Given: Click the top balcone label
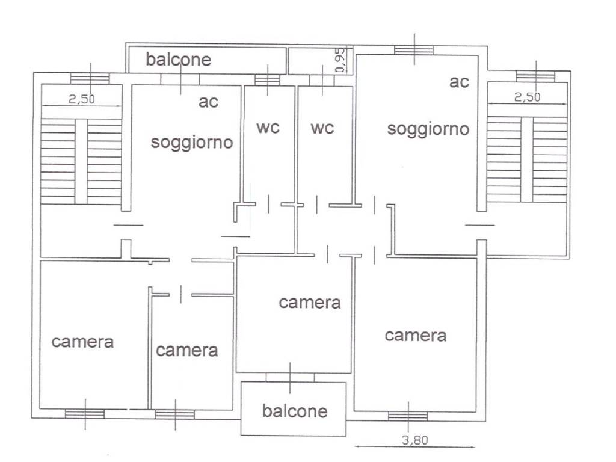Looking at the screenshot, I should (179, 60).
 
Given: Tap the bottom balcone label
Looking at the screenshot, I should (295, 411).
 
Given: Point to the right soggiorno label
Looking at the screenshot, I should (428, 129).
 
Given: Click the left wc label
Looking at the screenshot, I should (268, 128).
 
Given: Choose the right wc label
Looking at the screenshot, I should (322, 128).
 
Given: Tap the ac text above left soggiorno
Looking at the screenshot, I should (208, 102).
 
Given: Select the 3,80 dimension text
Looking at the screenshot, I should (414, 440).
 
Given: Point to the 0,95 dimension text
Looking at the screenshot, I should (340, 61).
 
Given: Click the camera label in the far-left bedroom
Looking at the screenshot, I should (82, 342).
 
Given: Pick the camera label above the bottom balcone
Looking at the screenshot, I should (309, 303).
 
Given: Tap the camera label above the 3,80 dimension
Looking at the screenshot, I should (416, 335).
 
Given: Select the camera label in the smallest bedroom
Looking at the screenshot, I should (186, 350).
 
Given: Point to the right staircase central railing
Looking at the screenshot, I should (527, 159).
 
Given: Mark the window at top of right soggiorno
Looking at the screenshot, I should (414, 50).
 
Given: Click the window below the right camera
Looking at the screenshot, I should (408, 416).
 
